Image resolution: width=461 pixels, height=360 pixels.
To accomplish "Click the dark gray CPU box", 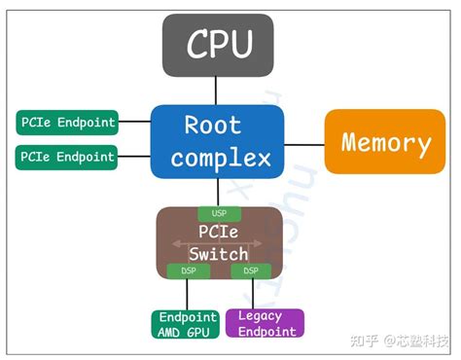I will (219, 46).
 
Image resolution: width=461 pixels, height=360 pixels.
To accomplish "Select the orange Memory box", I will (385, 144).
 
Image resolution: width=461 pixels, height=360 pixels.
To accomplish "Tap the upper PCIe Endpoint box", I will (67, 123).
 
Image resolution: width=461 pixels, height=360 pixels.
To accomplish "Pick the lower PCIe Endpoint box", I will (67, 156).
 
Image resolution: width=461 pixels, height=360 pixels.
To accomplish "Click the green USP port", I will (218, 214).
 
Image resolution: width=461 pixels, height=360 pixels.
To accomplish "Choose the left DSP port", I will (188, 270).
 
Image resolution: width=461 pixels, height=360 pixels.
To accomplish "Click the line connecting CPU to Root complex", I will (219, 90).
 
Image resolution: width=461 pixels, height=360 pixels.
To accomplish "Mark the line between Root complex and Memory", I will (303, 144).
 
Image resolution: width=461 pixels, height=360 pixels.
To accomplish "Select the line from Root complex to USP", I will (218, 193).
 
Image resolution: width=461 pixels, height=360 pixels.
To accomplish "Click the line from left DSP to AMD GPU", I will (187, 293).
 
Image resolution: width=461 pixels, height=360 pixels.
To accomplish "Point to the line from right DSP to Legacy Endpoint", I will (252, 293).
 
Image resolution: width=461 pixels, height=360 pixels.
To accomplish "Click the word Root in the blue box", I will (218, 126).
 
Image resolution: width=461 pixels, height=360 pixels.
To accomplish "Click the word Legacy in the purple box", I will (260, 316).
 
